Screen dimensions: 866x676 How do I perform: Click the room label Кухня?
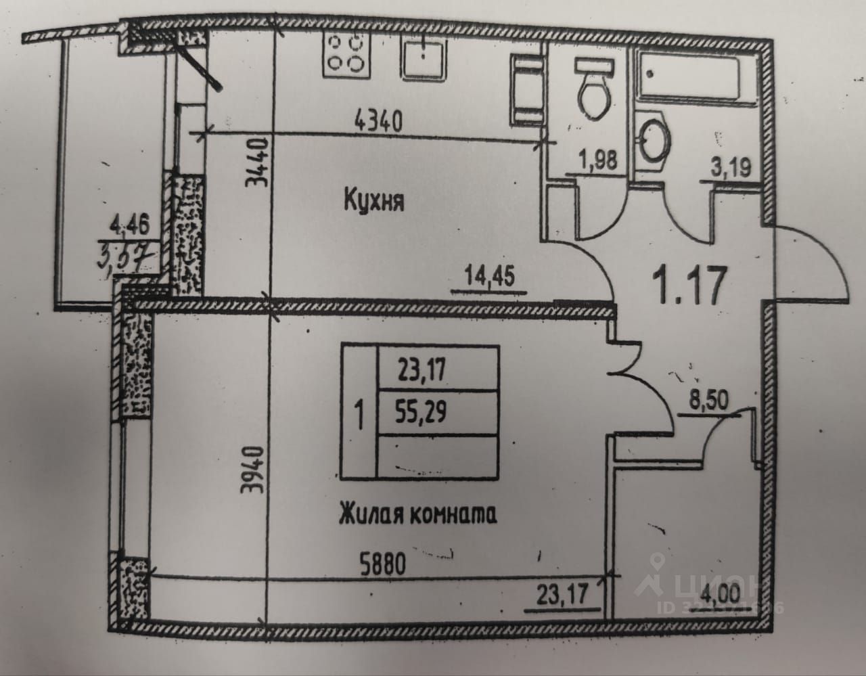tap(374, 200)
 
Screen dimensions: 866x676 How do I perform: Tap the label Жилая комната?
tap(417, 516)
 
